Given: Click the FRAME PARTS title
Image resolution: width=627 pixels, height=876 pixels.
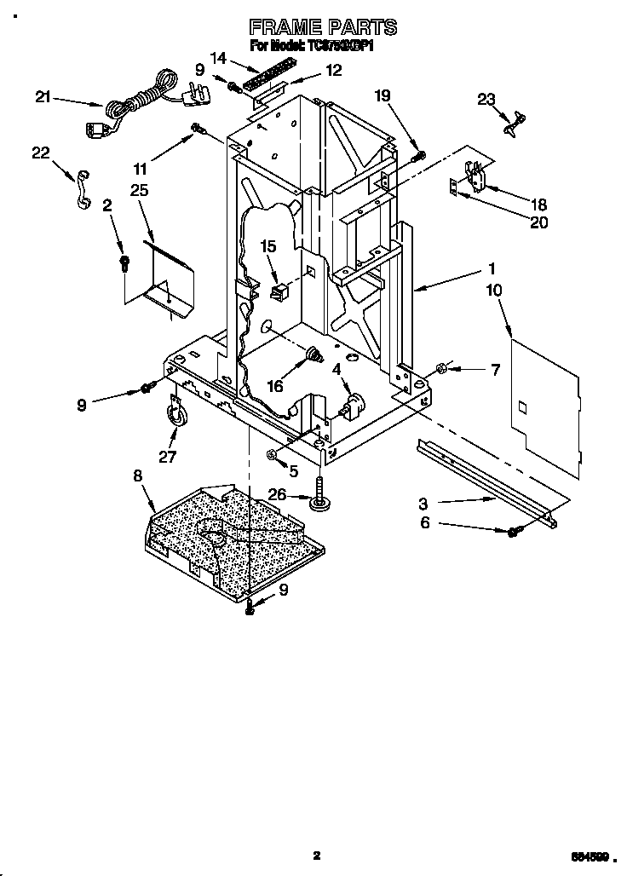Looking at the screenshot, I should [x=322, y=28].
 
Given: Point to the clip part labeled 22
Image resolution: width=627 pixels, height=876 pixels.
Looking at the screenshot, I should [x=82, y=188].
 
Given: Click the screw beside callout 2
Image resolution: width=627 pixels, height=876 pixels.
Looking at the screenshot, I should [x=124, y=262].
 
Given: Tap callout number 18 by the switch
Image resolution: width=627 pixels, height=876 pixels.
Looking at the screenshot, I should [x=538, y=205].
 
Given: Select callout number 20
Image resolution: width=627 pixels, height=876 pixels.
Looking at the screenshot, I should [x=538, y=222].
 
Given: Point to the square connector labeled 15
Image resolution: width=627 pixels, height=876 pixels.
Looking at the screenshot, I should [x=278, y=292].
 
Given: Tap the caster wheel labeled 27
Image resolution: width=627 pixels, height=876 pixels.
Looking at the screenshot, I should [x=175, y=414].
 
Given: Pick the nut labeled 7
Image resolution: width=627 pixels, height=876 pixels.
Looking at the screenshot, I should [x=442, y=368].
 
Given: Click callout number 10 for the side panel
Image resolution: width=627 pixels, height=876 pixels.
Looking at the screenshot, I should [x=495, y=290].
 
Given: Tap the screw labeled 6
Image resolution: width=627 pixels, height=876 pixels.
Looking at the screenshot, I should [x=515, y=533].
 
